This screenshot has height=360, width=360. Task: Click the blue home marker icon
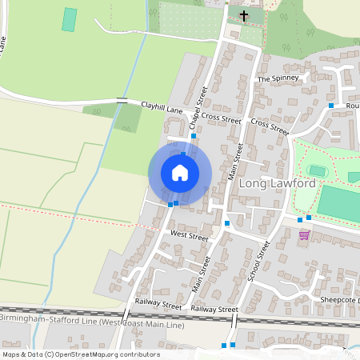click(x=180, y=172)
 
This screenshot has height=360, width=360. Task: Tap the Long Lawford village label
click(x=277, y=184)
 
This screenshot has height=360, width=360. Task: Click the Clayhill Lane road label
click(x=162, y=106)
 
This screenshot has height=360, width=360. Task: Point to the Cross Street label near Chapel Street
click(x=221, y=118)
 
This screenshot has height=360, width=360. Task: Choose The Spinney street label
click(x=278, y=79)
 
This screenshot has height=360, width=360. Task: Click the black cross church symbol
click(x=244, y=15)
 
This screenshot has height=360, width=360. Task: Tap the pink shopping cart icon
click(x=304, y=234)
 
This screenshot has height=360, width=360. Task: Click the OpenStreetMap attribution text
click(x=80, y=354)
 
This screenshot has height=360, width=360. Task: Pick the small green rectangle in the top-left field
click(x=70, y=20)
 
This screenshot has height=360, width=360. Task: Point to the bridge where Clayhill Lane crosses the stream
click(x=122, y=101)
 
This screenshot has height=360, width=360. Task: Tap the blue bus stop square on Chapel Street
click(x=194, y=136)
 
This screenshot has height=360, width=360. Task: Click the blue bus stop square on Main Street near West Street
click(x=227, y=222)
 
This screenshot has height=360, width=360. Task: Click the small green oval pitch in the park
click(x=318, y=170)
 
